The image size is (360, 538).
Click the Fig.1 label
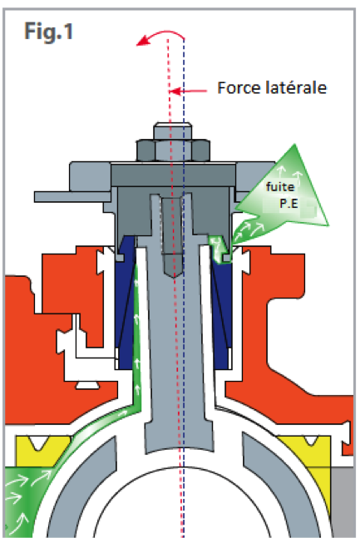49,32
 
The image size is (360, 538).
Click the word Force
239,88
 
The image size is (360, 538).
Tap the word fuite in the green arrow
280,187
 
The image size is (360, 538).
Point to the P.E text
289,204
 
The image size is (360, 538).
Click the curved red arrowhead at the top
142,41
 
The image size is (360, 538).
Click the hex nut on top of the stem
173,151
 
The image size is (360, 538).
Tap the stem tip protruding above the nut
173,131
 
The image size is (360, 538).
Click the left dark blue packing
126,305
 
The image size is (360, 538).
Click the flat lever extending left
72,196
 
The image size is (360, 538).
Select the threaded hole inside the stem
173,237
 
